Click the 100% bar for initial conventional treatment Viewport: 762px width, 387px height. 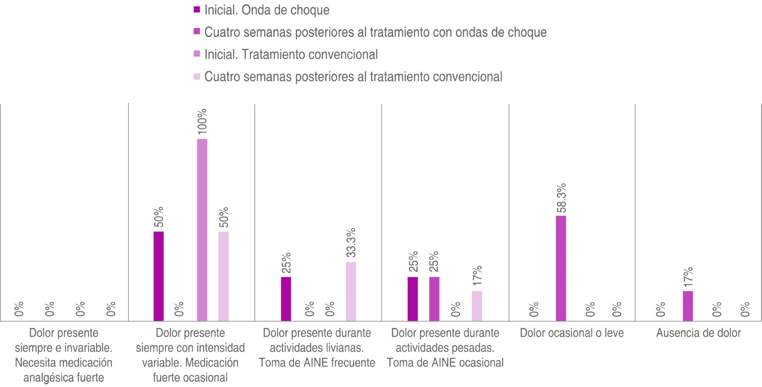(202, 229)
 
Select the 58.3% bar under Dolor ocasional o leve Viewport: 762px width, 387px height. (561, 268)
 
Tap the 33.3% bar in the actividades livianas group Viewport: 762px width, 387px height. (351, 291)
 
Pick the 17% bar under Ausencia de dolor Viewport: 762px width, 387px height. (688, 306)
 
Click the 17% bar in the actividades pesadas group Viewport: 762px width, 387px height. (477, 306)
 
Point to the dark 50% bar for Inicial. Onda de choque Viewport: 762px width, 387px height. (159, 276)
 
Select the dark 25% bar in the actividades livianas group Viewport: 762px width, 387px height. (286, 298)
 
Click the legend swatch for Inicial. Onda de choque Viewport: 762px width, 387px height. (196, 10)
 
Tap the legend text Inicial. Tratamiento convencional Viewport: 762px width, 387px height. (291, 55)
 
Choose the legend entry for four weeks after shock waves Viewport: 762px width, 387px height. (375, 33)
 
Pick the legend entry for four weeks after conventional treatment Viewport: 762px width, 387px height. (353, 77)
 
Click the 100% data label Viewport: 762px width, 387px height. (202, 122)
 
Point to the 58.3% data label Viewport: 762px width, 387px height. (561, 198)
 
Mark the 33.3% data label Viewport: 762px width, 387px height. (351, 242)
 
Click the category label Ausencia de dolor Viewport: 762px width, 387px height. (698, 333)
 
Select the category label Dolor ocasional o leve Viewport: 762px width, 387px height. (571, 333)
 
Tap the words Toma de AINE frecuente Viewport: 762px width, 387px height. (317, 363)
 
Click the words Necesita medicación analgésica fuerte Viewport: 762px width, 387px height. (63, 370)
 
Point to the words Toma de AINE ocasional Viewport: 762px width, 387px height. (445, 363)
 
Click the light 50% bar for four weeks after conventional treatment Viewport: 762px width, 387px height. (224, 276)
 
